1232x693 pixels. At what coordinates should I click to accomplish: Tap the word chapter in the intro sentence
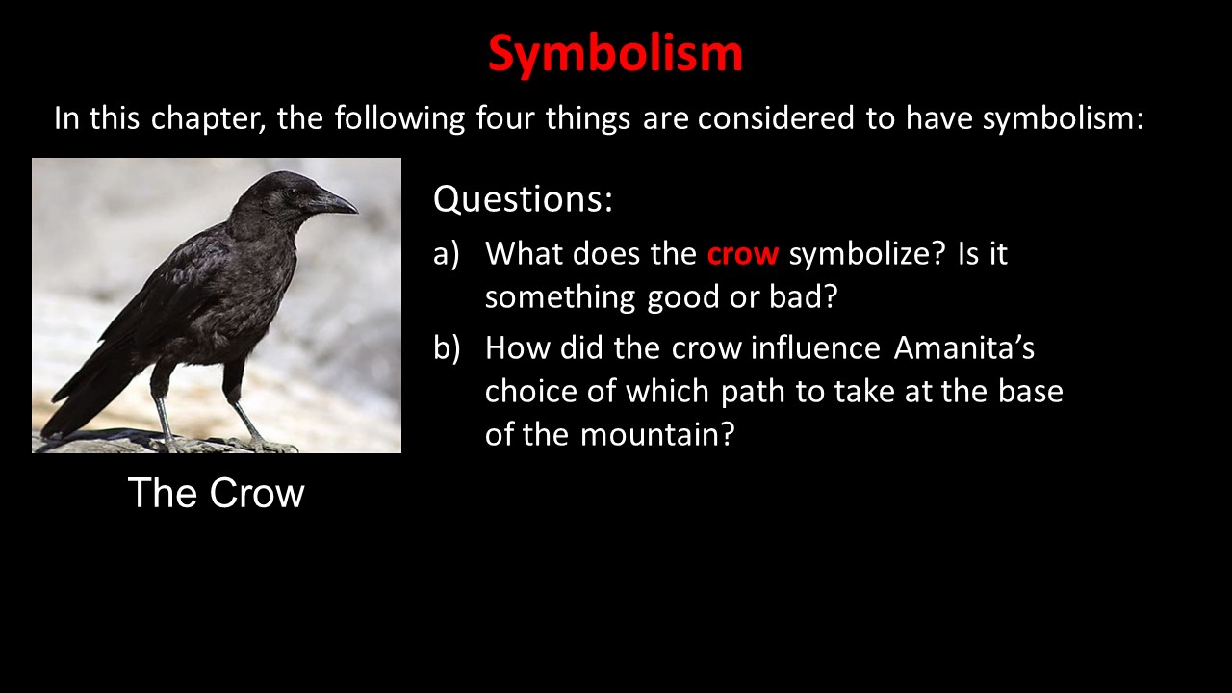click(209, 119)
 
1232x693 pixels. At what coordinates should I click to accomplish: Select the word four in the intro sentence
click(505, 117)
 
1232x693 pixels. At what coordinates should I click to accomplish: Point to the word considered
click(776, 117)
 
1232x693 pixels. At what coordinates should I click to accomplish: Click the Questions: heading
click(523, 199)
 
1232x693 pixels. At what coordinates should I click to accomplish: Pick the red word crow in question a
click(742, 255)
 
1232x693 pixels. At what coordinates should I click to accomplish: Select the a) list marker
click(446, 255)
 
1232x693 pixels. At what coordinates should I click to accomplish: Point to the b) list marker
click(447, 348)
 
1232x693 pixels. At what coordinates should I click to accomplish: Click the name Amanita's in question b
click(963, 348)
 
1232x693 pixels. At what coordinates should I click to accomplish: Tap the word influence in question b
click(815, 348)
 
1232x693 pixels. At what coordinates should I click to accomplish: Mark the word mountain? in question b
click(657, 435)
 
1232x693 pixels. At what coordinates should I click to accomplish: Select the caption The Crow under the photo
click(217, 493)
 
